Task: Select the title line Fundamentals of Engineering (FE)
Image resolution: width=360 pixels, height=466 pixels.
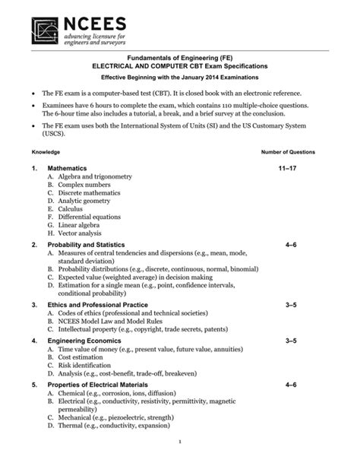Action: point(180,58)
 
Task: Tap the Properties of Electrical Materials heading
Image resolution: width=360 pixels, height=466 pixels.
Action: point(100,385)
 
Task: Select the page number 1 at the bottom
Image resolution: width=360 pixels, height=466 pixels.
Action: point(178,443)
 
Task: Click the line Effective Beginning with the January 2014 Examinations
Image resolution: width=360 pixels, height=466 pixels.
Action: point(180,78)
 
